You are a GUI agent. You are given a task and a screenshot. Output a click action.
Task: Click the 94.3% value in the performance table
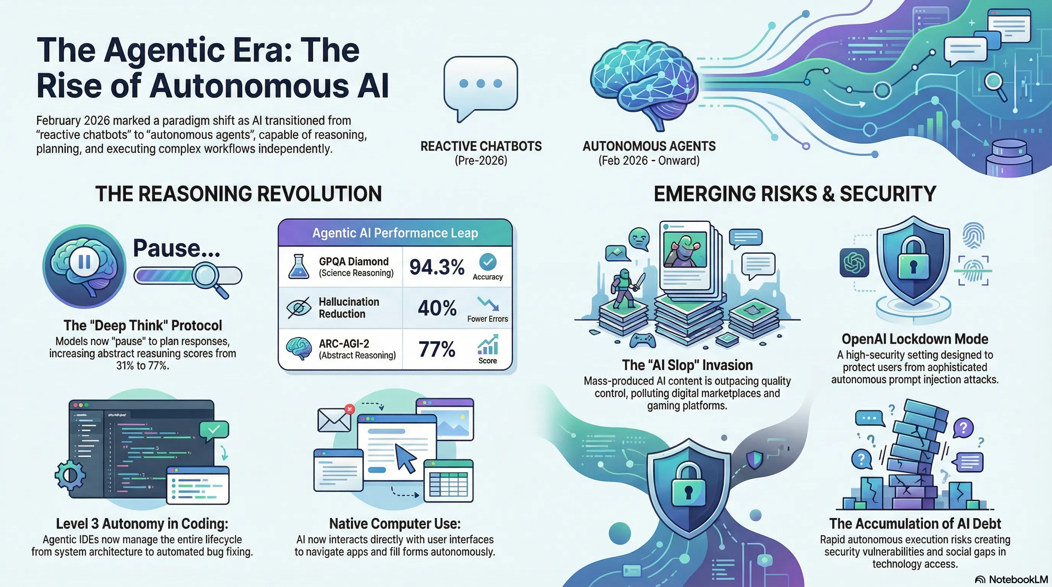tap(437, 267)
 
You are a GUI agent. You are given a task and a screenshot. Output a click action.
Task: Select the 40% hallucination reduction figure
tap(437, 308)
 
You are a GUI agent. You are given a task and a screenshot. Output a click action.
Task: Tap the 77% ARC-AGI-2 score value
tap(437, 349)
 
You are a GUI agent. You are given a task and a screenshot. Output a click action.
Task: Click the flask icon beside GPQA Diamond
tap(299, 267)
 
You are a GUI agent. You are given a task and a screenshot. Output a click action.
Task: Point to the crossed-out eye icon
tap(299, 308)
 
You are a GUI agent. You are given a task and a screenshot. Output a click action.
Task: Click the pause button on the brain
tap(84, 262)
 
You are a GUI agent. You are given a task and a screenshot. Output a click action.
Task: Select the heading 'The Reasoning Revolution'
tap(239, 193)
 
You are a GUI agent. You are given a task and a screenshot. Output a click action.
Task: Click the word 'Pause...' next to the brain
tap(177, 248)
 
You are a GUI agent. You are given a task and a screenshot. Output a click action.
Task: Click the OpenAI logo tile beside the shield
tap(854, 263)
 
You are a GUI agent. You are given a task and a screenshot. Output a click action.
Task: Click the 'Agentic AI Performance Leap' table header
tap(395, 233)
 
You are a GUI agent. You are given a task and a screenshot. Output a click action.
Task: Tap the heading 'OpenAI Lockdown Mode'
tap(915, 339)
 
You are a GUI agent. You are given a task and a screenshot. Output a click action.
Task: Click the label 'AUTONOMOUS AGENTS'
tap(649, 146)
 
